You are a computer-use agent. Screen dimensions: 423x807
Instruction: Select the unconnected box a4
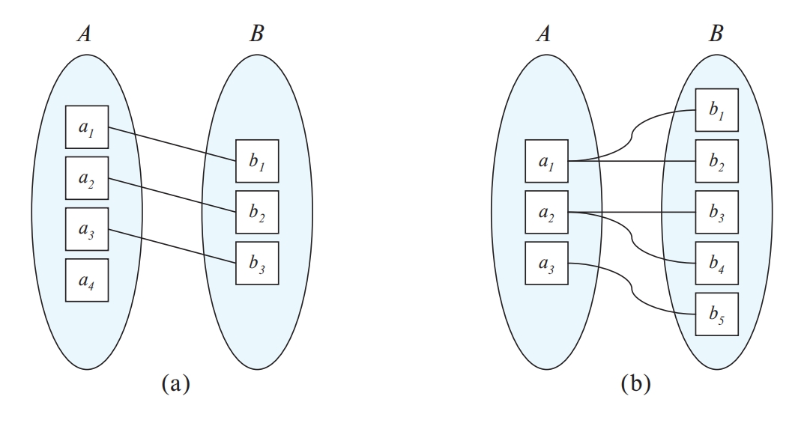(87, 280)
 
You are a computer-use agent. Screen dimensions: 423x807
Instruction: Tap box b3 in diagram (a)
(257, 263)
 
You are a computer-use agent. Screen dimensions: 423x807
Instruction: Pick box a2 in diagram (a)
(87, 178)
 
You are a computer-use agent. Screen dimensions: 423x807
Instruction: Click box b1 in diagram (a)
(257, 161)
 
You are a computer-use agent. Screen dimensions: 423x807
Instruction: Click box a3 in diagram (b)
(546, 264)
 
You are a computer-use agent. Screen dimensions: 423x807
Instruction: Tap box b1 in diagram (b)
(716, 110)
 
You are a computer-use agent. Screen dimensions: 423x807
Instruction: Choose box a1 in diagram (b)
(546, 161)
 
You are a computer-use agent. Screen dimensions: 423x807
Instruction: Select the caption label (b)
(635, 386)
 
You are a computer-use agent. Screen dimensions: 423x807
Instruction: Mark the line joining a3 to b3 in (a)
(172, 246)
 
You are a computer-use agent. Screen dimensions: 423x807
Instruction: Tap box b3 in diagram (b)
(716, 212)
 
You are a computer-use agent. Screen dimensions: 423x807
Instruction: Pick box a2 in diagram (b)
(546, 212)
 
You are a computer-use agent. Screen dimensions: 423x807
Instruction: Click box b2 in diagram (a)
(257, 212)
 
